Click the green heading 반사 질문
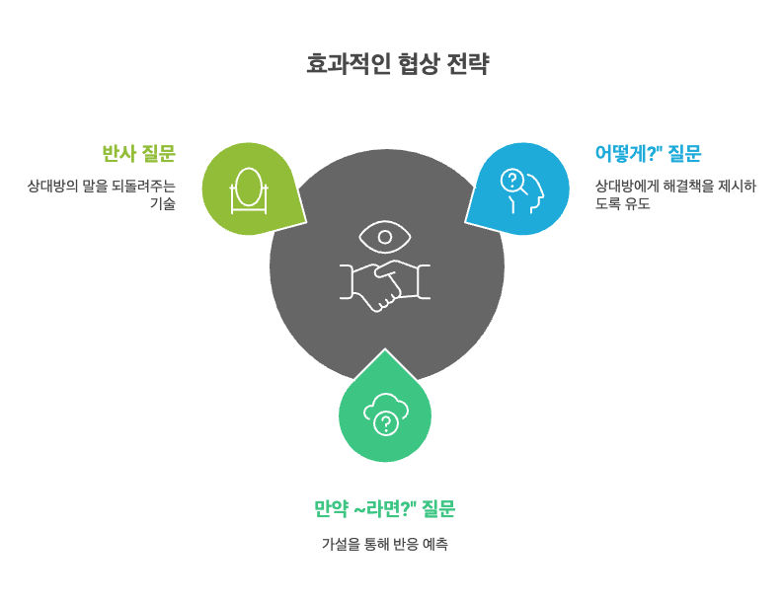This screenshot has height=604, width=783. click(x=138, y=153)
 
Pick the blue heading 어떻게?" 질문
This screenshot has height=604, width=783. click(x=648, y=153)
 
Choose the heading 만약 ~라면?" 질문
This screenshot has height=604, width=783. click(x=385, y=509)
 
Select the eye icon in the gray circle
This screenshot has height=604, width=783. click(x=386, y=237)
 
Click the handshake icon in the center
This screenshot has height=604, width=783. click(x=386, y=283)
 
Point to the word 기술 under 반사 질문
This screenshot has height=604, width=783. click(x=162, y=204)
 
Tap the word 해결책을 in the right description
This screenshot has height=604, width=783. click(x=682, y=185)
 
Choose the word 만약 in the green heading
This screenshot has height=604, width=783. click(x=328, y=509)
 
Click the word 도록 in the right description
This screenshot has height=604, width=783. click(x=608, y=204)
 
